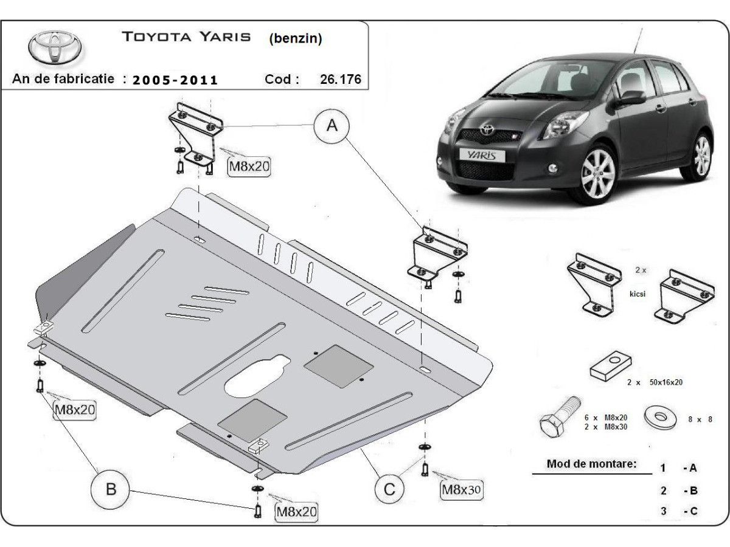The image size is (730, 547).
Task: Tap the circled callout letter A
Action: (x=332, y=126)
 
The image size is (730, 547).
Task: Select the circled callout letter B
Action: (x=111, y=489)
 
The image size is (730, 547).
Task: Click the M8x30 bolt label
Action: (x=461, y=489)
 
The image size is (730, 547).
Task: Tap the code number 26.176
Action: (x=340, y=79)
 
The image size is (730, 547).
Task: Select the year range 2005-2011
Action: (x=175, y=80)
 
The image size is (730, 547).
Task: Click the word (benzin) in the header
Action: (x=295, y=39)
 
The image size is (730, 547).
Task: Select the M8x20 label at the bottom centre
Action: (x=296, y=512)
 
